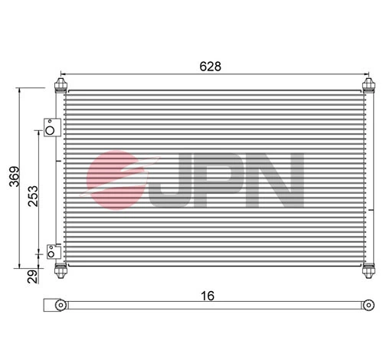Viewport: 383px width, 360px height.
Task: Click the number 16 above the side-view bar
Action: (209, 294)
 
